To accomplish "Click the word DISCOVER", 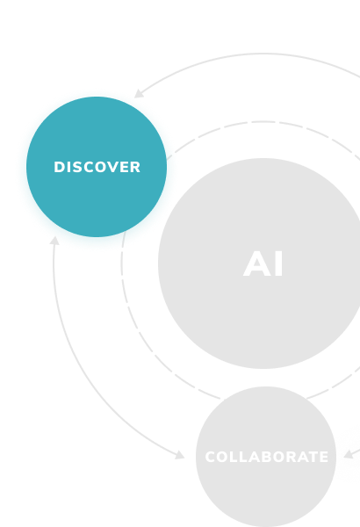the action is pyautogui.click(x=97, y=167).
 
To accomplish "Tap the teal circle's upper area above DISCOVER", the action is pyautogui.click(x=97, y=127).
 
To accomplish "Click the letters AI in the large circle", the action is pyautogui.click(x=263, y=263).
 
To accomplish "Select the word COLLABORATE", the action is pyautogui.click(x=266, y=457).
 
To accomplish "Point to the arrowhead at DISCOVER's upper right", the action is pyautogui.click(x=139, y=94).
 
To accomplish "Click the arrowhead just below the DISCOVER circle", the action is pyautogui.click(x=54, y=241).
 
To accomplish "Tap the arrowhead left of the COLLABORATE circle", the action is pyautogui.click(x=180, y=455).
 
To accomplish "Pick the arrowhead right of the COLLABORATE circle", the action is pyautogui.click(x=349, y=454).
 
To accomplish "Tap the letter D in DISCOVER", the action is pyautogui.click(x=59, y=167).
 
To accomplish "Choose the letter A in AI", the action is pyautogui.click(x=256, y=263).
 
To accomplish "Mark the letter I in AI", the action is pyautogui.click(x=278, y=263).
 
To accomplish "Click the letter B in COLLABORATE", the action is pyautogui.click(x=265, y=457).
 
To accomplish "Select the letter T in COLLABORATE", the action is pyautogui.click(x=313, y=457).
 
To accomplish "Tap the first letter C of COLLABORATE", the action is pyautogui.click(x=210, y=457).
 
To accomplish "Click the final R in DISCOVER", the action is pyautogui.click(x=135, y=167).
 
